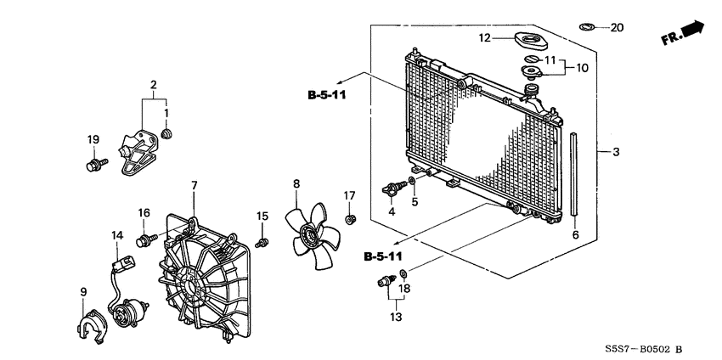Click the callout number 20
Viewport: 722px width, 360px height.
(x=617, y=28)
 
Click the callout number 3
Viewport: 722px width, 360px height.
(x=616, y=153)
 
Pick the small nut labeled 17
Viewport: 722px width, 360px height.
(x=349, y=221)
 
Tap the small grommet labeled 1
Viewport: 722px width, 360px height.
(x=167, y=134)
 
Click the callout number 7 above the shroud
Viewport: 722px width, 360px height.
(x=194, y=185)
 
